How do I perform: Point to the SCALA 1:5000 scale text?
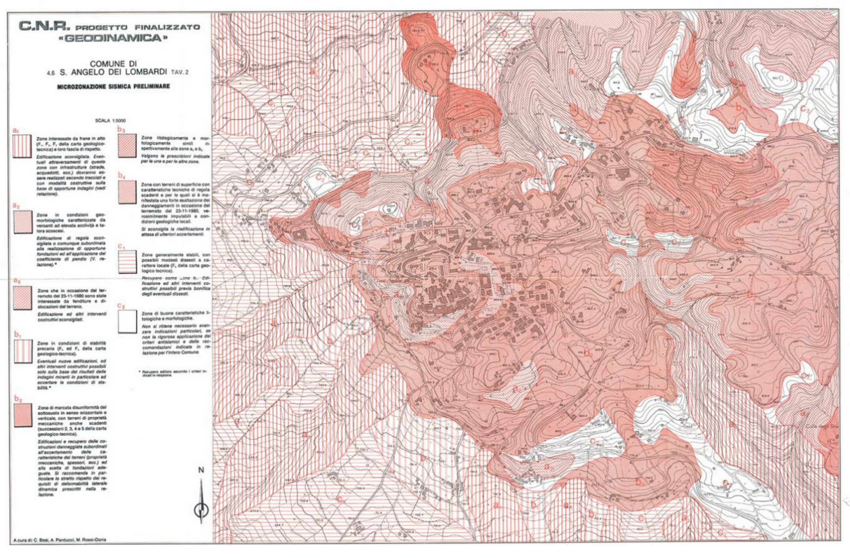pos(110,121)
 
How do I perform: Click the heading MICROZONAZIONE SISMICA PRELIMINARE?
pos(113,87)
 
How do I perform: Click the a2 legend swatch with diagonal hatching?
pos(22,222)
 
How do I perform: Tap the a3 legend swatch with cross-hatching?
pos(22,298)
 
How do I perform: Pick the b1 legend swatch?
pos(23,351)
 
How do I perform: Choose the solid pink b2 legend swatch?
pos(23,415)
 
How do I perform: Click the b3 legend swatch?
pos(127,146)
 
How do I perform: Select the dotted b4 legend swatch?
pos(127,192)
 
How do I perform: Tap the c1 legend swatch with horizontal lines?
pos(127,262)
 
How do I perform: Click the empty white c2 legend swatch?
pos(127,321)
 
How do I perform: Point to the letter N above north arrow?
pos(201,470)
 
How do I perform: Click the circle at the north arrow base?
pos(201,508)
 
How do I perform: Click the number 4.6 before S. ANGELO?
pos(50,73)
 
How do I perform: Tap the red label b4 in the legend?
pos(122,175)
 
